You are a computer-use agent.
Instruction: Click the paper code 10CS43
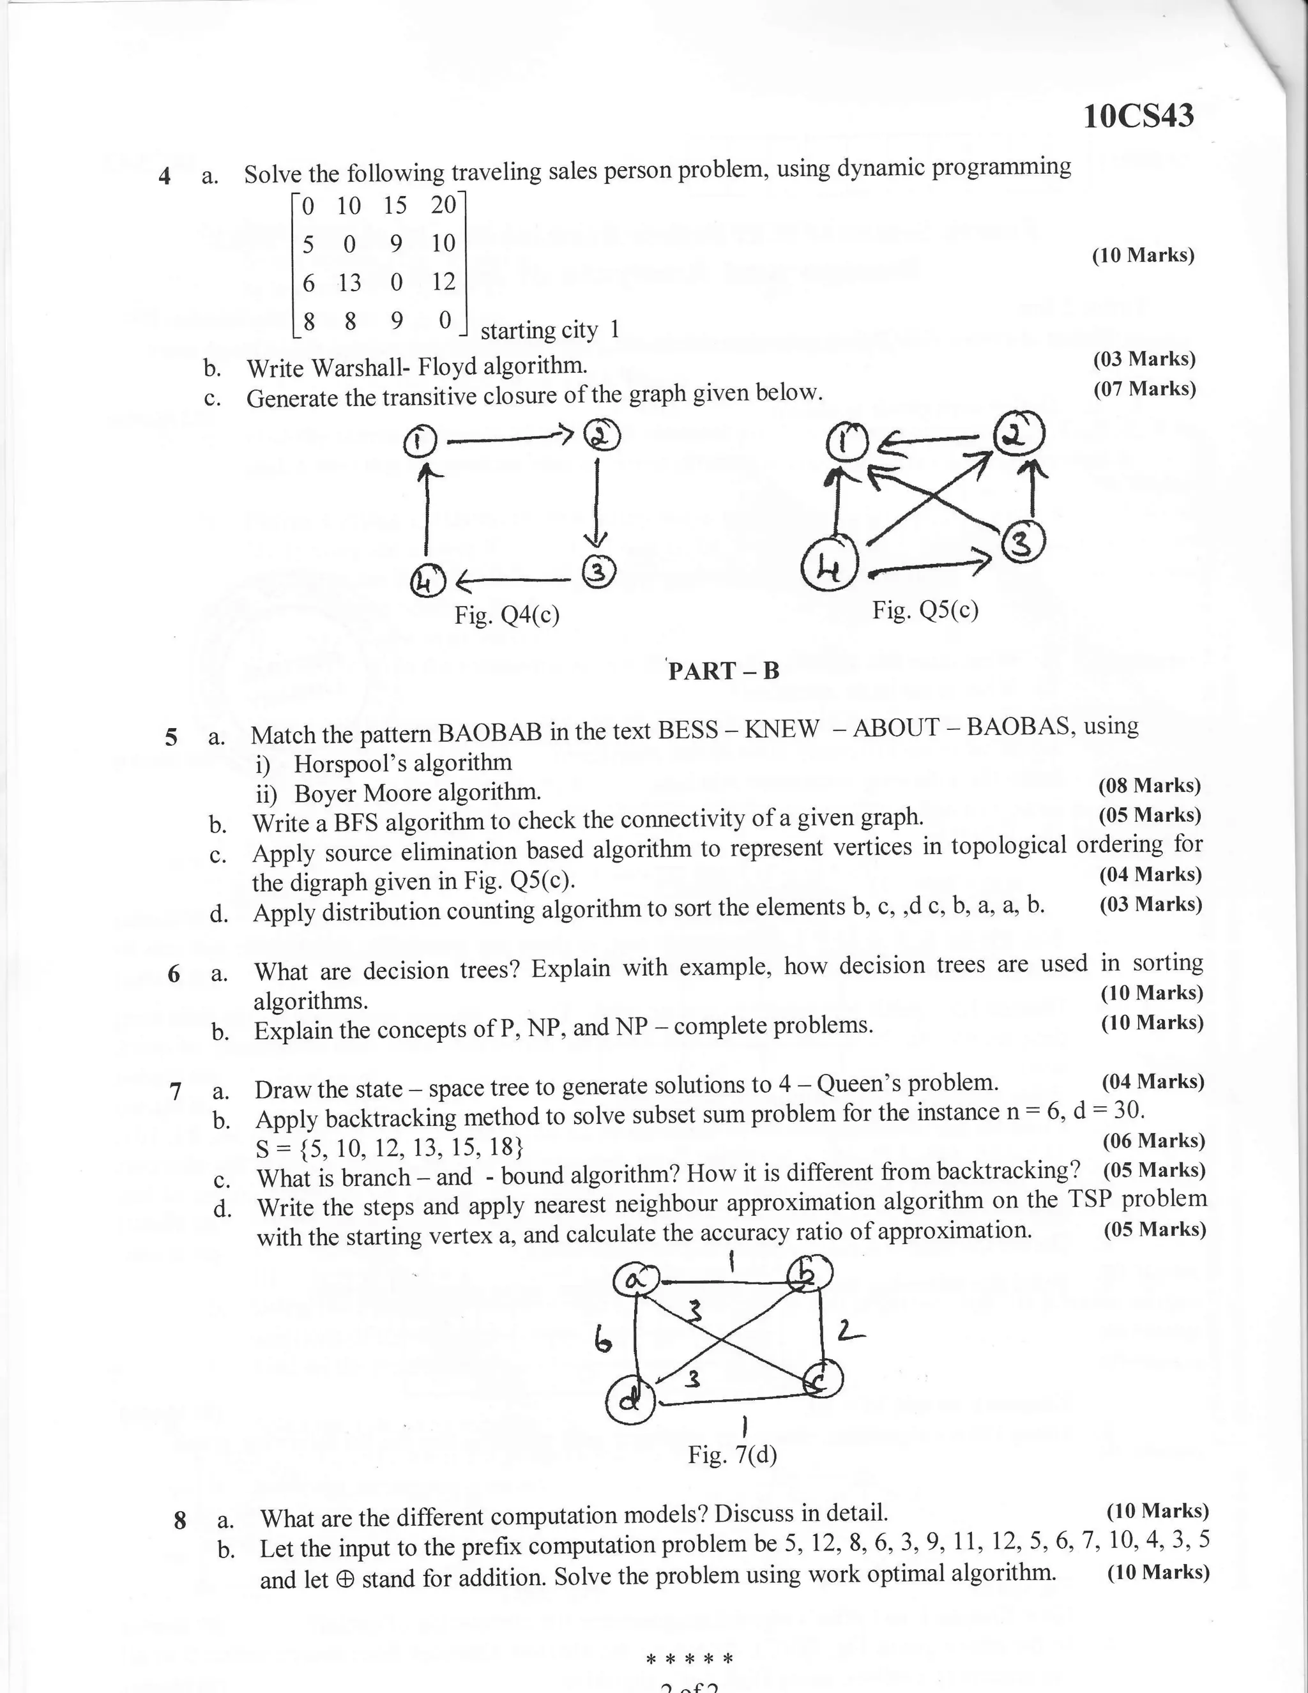click(1138, 116)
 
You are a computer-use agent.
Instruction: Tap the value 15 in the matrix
click(395, 206)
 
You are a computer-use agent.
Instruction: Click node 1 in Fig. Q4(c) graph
click(420, 442)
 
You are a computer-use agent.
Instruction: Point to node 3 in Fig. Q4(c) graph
click(598, 572)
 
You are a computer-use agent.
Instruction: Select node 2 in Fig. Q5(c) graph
click(1019, 436)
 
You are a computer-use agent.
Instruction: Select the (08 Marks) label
click(1149, 786)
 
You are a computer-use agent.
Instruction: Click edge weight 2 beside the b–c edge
click(850, 1331)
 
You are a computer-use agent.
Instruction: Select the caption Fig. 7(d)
click(732, 1454)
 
